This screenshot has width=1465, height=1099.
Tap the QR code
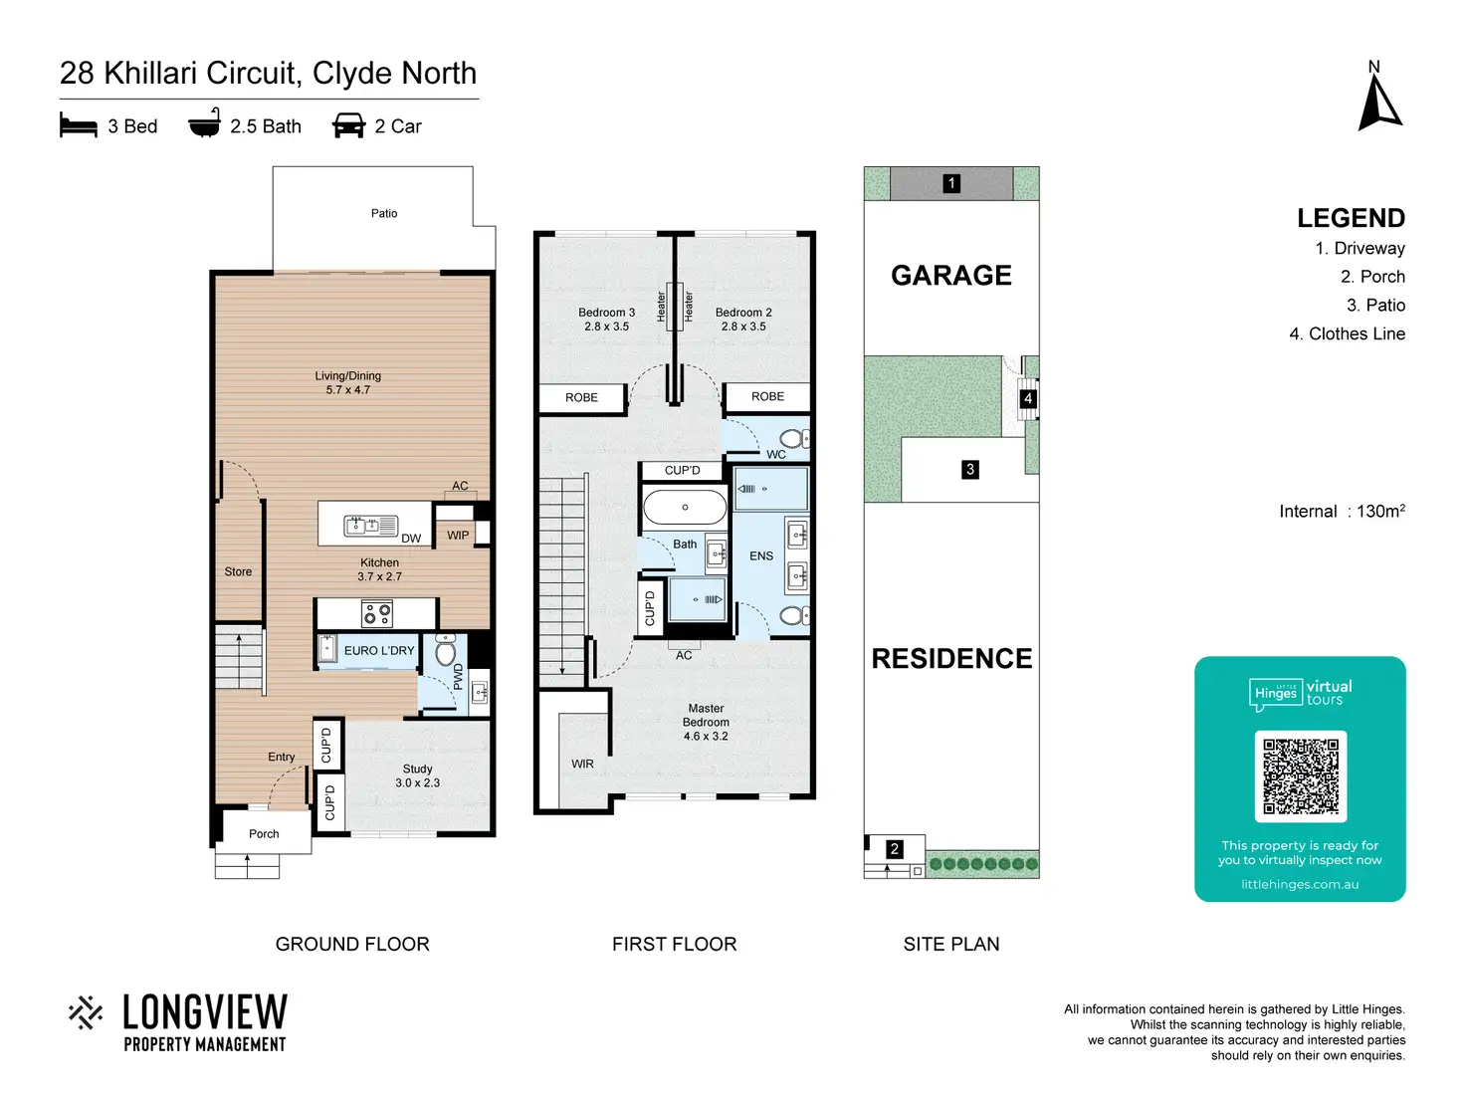(1300, 776)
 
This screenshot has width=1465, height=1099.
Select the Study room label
(417, 775)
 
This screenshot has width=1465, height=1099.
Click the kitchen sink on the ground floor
(370, 526)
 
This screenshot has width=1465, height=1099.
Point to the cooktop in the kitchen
(377, 613)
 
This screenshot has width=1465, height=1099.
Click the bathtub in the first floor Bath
(684, 507)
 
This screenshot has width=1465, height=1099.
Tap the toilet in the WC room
(794, 438)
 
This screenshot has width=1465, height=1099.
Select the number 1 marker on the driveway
(951, 183)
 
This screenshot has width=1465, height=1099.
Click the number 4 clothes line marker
(1027, 398)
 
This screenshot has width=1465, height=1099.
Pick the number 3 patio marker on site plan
(969, 469)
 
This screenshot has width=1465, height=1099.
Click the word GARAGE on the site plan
(951, 275)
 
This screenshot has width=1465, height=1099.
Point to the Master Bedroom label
(706, 722)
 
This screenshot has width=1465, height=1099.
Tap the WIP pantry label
(457, 536)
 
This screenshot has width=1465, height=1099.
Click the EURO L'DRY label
(379, 651)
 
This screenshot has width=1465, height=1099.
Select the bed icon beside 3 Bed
(78, 125)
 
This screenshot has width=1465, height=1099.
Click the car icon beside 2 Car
(348, 125)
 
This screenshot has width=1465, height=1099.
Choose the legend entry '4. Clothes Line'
(1347, 333)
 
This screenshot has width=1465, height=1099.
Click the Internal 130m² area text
(1342, 511)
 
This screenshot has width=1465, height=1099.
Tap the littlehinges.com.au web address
(1300, 884)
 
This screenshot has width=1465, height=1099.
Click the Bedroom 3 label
(606, 319)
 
